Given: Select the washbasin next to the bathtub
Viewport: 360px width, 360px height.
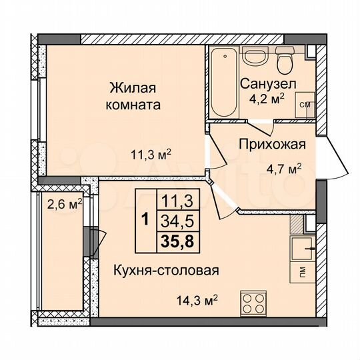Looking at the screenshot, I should [x=253, y=56].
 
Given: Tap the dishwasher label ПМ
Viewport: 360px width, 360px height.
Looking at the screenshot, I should [x=303, y=272].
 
